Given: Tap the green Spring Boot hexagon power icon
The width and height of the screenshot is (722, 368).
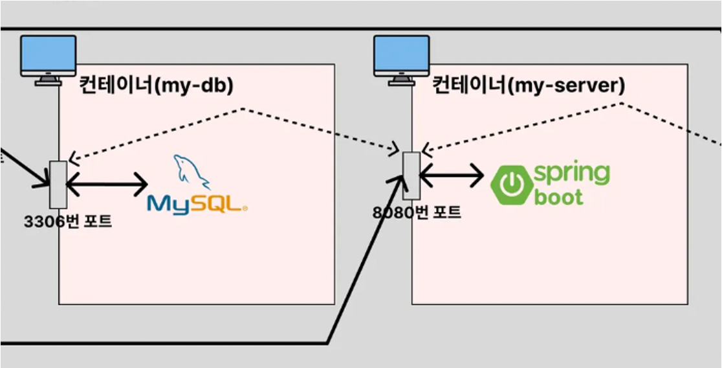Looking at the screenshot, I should [x=512, y=185].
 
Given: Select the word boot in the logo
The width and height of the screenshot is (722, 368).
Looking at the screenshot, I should [x=559, y=197].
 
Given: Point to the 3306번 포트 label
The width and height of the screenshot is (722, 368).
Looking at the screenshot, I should [x=67, y=221].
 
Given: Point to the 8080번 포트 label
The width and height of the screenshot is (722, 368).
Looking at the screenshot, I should [x=417, y=212].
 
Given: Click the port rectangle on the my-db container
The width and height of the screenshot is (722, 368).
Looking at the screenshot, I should [x=58, y=183].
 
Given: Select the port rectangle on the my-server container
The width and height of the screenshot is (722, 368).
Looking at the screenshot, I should [x=411, y=175].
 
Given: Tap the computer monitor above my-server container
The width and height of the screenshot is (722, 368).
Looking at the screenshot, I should [x=401, y=58].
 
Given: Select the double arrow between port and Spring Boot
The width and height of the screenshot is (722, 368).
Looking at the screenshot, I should [x=452, y=174].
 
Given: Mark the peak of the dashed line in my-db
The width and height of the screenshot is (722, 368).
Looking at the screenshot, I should [x=243, y=108].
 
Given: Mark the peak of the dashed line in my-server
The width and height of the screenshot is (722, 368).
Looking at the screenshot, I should [x=621, y=102].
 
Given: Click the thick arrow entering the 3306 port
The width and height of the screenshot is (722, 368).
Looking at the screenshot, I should [x=26, y=167].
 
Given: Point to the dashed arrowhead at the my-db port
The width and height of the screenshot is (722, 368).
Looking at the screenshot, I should [x=72, y=158].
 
